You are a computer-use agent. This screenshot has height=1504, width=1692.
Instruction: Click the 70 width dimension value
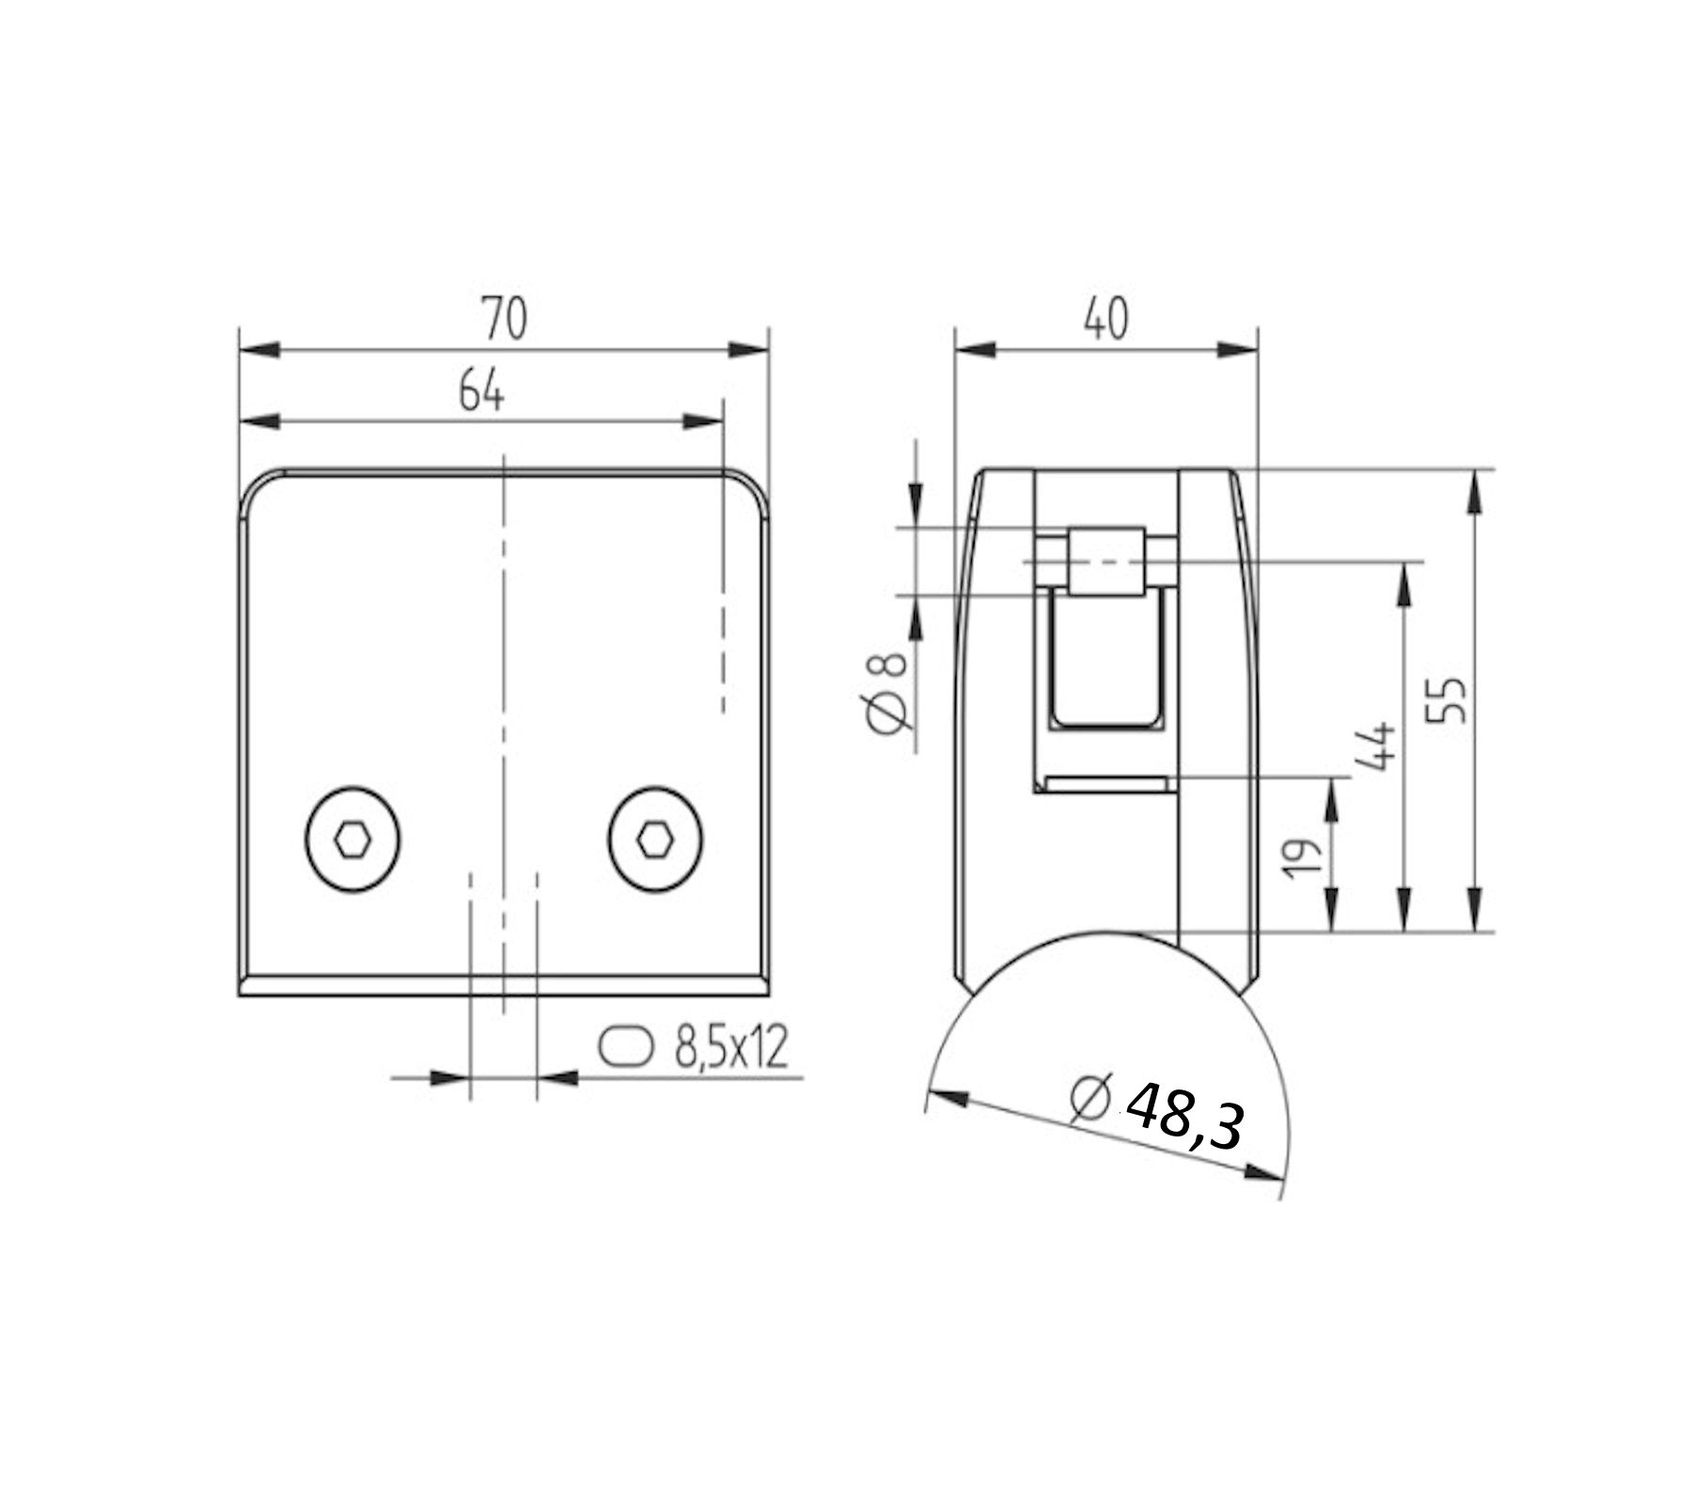(x=505, y=319)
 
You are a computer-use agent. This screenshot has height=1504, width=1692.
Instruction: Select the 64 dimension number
(x=481, y=391)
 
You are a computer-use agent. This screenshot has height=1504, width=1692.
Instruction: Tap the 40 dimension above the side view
(x=1104, y=320)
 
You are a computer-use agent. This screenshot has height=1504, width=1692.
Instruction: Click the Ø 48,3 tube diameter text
(x=1158, y=1115)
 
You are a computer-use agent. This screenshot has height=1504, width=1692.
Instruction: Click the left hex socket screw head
(x=352, y=840)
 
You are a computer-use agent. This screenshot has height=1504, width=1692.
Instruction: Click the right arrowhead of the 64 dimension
(x=702, y=421)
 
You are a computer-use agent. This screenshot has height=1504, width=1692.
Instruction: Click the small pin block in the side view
(x=1106, y=561)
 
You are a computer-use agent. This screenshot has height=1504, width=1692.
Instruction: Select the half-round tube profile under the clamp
(x=1104, y=1025)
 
